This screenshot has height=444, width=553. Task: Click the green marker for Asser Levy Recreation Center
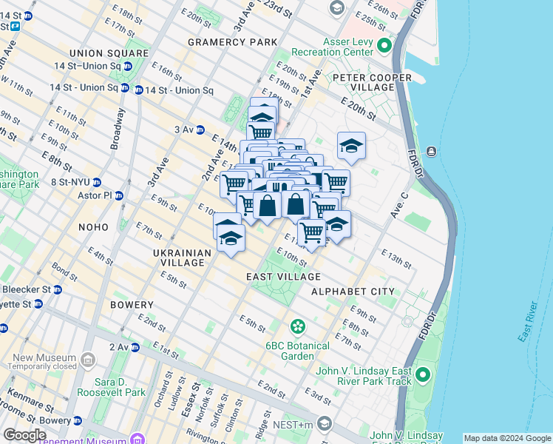coord(384,47)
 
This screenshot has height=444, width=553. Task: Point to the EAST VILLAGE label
coord(276,277)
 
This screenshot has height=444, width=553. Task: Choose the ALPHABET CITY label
coord(353,292)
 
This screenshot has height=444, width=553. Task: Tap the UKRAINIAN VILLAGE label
coord(183,258)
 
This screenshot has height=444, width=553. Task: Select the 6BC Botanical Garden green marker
coord(297,326)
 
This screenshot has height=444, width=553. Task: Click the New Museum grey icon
coord(88,361)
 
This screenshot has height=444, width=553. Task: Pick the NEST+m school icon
coord(324,423)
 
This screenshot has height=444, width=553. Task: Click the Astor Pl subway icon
coord(119,196)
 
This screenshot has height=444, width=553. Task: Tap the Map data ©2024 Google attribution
coord(507,438)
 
